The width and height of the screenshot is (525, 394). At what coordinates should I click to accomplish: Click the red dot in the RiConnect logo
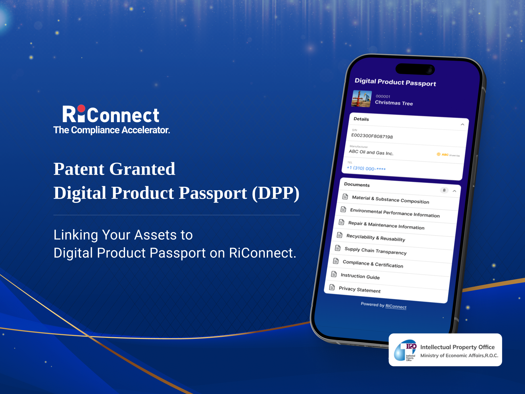(81, 109)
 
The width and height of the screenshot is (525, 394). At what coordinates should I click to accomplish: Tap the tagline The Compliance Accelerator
(112, 130)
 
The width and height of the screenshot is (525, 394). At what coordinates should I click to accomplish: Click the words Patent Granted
(114, 169)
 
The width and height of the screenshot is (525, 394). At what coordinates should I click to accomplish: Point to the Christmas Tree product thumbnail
(362, 99)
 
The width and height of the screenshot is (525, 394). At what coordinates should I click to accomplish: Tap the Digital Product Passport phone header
(395, 82)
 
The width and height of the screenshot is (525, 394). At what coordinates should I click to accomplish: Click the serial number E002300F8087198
(372, 136)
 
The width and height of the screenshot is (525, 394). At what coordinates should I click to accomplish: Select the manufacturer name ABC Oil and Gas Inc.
(371, 152)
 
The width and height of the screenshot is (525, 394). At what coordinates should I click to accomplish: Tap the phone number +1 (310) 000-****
(366, 168)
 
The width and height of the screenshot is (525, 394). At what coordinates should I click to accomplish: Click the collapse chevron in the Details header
(462, 124)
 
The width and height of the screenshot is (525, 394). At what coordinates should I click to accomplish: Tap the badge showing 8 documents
(444, 190)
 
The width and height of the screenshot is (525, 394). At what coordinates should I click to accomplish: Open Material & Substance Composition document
(390, 200)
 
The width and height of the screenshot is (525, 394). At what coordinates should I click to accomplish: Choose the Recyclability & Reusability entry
(375, 238)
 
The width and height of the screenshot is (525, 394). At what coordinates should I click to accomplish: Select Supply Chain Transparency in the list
(375, 251)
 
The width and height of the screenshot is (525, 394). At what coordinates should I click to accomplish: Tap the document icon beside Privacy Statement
(332, 287)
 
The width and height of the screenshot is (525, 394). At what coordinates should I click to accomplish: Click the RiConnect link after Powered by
(396, 306)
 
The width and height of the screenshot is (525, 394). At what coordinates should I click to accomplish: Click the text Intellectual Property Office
(457, 347)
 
